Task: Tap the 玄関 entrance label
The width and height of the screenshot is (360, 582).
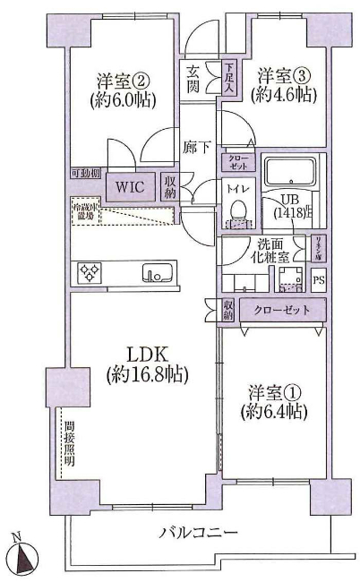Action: [193, 80]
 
